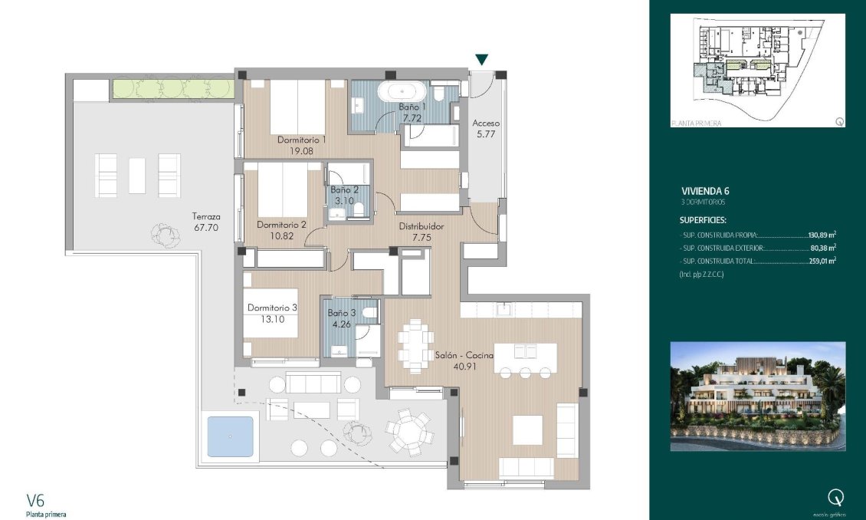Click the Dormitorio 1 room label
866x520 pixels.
[x=301, y=140]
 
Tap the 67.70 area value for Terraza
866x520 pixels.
[x=206, y=228]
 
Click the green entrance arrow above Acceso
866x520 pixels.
[x=482, y=60]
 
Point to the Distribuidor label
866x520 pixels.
[x=422, y=227]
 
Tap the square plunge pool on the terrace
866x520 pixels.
[x=230, y=437]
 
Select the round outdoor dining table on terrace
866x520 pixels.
[x=408, y=430]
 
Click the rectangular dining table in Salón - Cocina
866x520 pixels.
[x=415, y=345]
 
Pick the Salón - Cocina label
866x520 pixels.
[x=464, y=355]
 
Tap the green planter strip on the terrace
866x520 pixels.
[x=172, y=88]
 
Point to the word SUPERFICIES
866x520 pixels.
[x=703, y=219]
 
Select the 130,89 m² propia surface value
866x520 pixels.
[x=822, y=236]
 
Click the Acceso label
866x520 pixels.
[x=486, y=123]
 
